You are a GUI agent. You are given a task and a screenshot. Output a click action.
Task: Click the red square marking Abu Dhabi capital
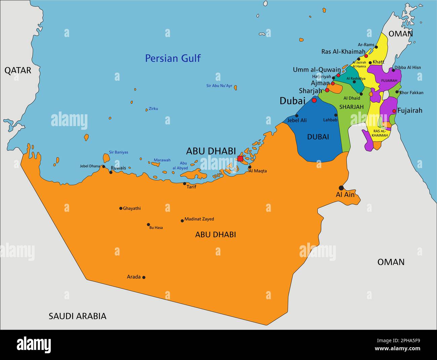point(240,159)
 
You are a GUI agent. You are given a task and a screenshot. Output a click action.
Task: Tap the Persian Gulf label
point(173,58)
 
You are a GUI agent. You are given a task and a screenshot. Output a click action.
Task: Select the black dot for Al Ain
point(341,188)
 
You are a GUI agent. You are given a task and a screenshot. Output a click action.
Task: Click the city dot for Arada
point(144,277)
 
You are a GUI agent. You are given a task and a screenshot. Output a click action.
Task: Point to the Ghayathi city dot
point(121,208)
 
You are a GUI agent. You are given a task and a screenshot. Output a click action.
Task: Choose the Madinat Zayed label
point(199,219)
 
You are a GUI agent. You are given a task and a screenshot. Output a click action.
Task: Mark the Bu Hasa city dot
point(148,225)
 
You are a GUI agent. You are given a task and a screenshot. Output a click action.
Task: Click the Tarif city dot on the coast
point(185,184)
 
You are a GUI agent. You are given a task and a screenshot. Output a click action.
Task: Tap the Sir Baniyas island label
point(118,152)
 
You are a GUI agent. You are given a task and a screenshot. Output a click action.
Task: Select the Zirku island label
point(153,109)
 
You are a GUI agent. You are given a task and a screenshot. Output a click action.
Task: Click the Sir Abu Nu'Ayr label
point(219,86)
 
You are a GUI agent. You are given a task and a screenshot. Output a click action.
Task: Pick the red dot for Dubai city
point(314,100)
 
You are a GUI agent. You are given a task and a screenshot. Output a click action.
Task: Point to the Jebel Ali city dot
point(296,116)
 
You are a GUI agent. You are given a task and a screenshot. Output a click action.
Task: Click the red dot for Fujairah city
point(394,111)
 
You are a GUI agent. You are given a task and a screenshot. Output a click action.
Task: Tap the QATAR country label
point(18,70)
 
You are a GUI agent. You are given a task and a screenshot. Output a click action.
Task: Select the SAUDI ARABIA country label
point(77,316)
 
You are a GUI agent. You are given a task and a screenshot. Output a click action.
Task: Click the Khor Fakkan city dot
point(397,92)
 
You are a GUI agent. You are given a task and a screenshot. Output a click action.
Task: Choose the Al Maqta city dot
point(249,167)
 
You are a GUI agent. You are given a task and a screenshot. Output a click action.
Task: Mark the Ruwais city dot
point(111,172)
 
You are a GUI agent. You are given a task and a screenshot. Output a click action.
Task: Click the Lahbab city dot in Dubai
point(336,115)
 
